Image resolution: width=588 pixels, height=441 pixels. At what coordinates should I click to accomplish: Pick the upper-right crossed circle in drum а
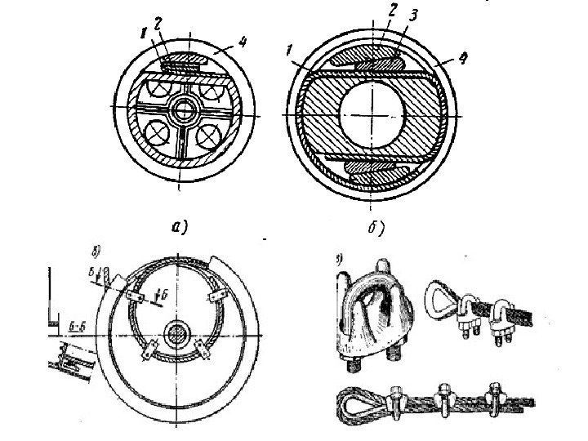(216, 87)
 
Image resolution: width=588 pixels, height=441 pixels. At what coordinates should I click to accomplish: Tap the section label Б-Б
(78, 324)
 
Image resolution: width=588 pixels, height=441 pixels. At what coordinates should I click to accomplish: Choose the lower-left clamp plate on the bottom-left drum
(149, 352)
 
